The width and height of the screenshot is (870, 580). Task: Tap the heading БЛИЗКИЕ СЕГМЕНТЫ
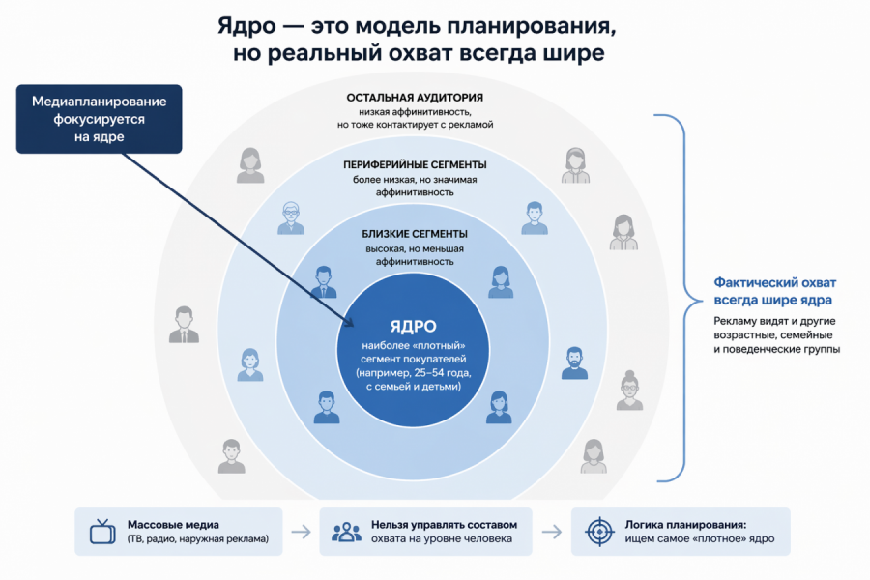click(415, 234)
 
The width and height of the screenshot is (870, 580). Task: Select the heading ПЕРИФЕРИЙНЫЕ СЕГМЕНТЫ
click(415, 165)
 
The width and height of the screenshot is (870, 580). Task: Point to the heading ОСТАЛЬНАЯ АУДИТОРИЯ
click(415, 98)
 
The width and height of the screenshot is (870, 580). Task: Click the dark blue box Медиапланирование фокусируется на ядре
click(100, 119)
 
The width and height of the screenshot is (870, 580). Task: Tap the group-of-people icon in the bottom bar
click(346, 532)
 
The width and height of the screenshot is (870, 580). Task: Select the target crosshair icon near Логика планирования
click(599, 532)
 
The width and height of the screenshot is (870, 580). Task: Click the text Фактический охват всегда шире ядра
click(774, 290)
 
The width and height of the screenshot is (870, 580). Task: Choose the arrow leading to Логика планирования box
click(552, 532)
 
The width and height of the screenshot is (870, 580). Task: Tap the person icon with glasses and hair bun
click(629, 390)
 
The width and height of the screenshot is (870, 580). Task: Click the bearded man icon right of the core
click(573, 362)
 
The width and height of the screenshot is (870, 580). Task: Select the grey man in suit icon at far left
click(184, 325)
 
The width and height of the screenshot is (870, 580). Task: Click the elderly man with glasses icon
click(291, 217)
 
